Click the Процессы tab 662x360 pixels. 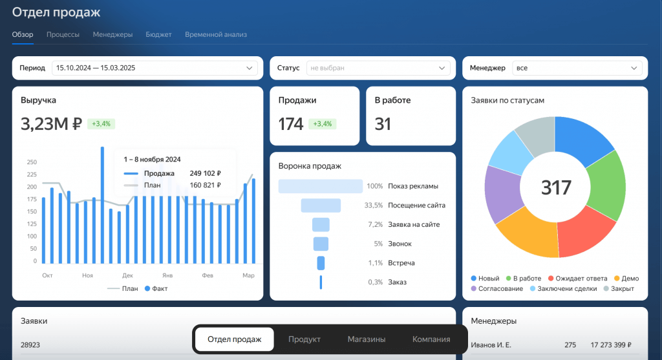tap(63, 34)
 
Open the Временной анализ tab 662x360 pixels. tap(215, 34)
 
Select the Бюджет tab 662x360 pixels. tap(158, 34)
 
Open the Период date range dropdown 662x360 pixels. tap(155, 68)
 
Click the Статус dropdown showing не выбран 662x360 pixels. tap(378, 68)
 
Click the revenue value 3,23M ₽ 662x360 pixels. tap(51, 123)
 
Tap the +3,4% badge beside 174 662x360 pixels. tap(323, 123)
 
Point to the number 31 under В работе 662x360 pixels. tap(383, 123)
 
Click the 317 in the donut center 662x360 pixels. tap(556, 187)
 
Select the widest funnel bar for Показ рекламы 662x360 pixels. tap(321, 186)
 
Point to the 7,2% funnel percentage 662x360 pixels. tap(375, 225)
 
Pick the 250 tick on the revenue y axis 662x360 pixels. tap(31, 162)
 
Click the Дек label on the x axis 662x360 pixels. tap(127, 275)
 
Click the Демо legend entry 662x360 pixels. tap(626, 279)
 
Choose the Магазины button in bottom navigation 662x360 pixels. tap(366, 339)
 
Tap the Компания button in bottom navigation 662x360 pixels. tap(431, 339)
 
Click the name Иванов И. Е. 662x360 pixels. tap(491, 345)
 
